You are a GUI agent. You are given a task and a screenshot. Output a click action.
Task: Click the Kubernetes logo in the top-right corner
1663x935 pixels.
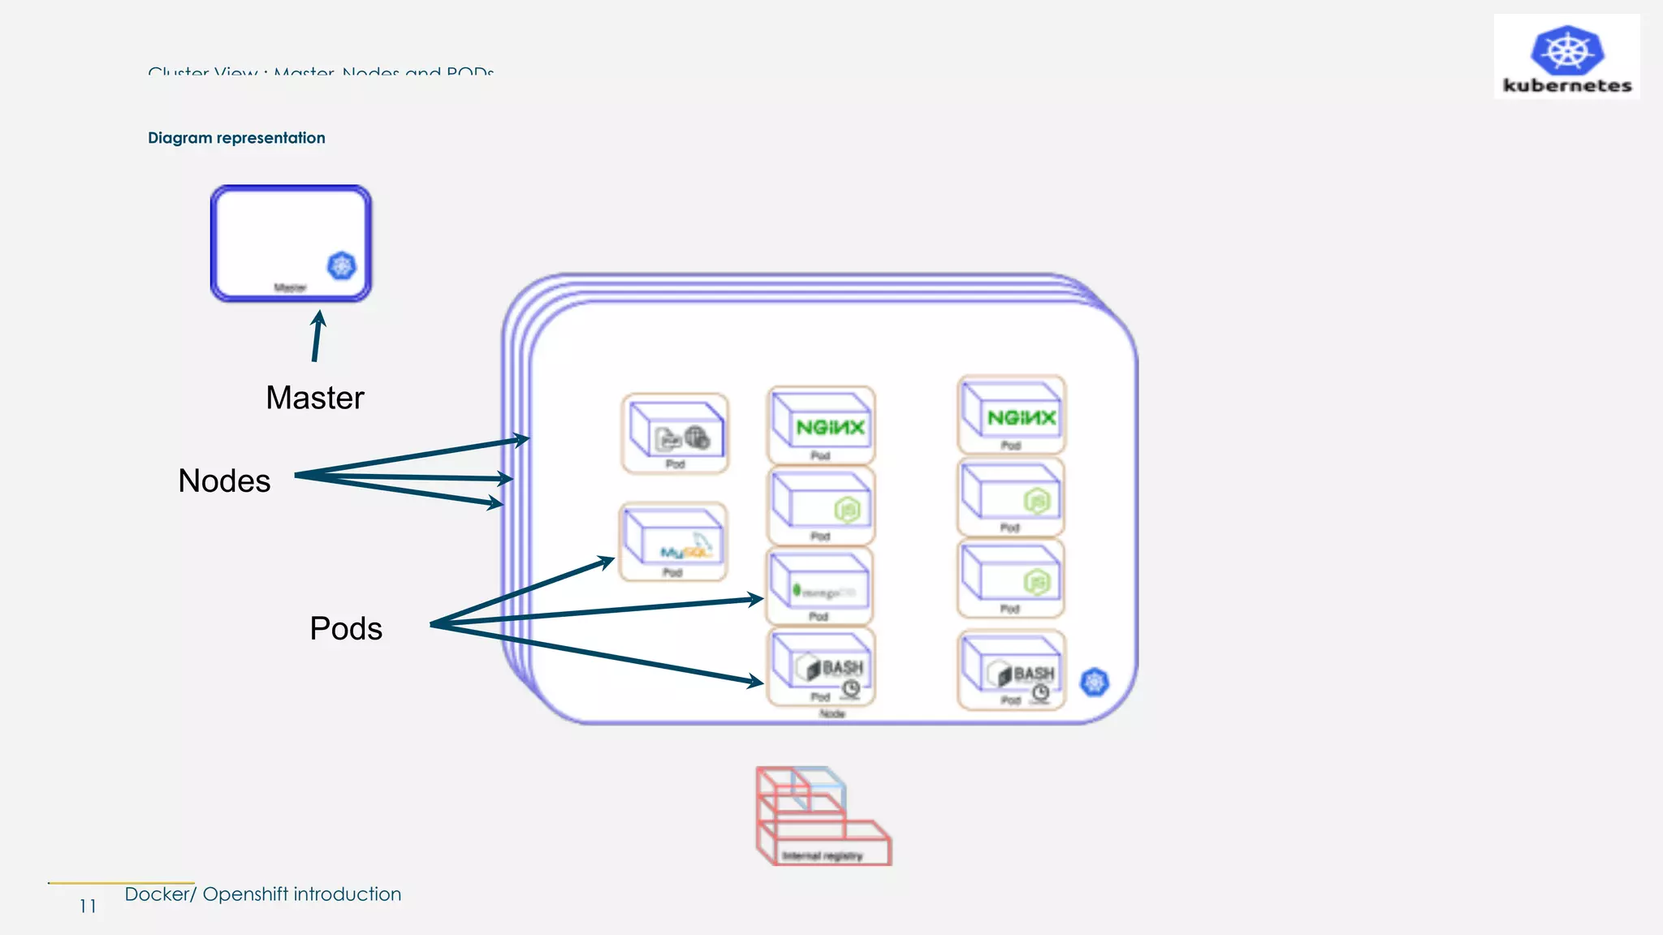(1566, 57)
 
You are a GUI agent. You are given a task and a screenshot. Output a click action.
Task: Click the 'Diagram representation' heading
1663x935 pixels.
(236, 138)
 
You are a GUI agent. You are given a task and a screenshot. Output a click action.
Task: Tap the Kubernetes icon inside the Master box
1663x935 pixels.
(342, 265)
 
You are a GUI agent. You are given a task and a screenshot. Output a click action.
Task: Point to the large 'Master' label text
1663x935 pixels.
(315, 398)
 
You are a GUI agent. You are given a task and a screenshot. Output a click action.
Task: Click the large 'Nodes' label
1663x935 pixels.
(224, 480)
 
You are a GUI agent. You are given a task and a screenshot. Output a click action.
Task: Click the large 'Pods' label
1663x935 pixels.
(346, 628)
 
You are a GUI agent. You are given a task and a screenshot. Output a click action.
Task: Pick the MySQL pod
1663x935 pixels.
(673, 542)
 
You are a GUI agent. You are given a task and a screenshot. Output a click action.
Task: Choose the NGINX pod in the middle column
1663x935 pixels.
(821, 424)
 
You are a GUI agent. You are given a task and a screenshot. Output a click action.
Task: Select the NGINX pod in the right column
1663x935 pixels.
(1011, 415)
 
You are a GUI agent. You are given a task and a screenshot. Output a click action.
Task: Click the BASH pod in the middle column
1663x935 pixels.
(821, 667)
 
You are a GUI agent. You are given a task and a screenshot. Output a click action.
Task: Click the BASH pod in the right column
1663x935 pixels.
(1011, 670)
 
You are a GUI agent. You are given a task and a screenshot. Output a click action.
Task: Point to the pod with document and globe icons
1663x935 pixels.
(675, 433)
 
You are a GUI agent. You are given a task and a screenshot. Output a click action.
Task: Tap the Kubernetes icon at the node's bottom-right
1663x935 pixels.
(1095, 682)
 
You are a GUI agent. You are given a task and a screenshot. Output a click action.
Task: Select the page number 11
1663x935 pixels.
(88, 907)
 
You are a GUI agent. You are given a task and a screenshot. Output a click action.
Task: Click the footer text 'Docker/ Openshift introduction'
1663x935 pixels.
(262, 894)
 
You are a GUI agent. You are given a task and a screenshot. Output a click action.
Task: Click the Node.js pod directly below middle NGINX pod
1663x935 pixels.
(821, 506)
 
